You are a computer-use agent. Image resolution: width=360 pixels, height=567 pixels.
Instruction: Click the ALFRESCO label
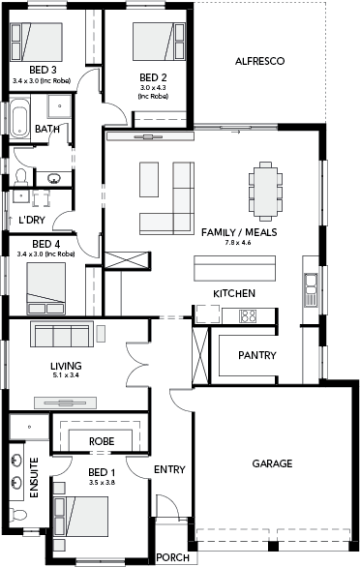259,61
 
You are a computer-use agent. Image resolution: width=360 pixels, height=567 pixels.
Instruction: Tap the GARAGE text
272,463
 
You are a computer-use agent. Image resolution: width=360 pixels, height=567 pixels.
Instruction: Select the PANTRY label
257,355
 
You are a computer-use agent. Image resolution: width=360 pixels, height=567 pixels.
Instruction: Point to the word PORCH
173,557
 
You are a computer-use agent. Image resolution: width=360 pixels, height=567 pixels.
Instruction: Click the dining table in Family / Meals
265,192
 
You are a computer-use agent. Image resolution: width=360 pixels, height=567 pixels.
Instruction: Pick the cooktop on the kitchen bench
248,316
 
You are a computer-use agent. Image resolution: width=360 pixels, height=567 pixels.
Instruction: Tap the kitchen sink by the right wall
311,289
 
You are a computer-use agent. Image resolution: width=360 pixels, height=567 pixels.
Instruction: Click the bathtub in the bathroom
19,118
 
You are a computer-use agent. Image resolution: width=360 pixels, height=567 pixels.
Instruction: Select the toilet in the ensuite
17,515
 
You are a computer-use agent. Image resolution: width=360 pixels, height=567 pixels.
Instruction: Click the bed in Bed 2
159,42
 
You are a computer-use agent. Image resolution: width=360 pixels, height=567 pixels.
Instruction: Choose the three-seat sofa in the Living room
62,334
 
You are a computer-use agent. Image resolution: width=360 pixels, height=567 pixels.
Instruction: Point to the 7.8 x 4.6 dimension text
238,243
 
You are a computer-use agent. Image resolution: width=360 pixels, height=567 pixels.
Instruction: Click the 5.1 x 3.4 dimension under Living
66,375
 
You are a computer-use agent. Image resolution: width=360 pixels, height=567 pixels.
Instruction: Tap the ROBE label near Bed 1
102,441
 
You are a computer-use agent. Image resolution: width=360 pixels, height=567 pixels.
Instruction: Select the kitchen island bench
234,268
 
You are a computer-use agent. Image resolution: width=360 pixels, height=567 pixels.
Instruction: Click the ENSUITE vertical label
34,478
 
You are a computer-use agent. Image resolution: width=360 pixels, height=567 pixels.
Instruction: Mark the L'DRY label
32,220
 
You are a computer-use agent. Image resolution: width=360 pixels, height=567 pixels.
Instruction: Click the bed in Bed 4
45,288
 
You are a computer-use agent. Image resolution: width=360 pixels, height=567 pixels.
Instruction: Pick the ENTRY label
169,469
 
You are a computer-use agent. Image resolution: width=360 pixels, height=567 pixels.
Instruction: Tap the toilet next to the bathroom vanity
20,176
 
